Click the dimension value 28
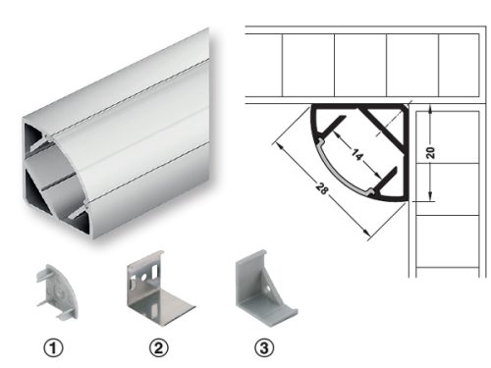[322, 188]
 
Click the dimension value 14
[357, 154]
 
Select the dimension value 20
[430, 153]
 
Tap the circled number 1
[53, 347]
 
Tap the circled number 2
[159, 347]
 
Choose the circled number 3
[264, 347]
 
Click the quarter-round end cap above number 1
[58, 291]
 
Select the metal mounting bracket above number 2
[160, 288]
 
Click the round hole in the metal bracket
[143, 278]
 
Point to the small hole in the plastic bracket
[268, 289]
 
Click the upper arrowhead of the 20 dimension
[430, 110]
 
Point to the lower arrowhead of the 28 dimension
[367, 232]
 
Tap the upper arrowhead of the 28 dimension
[279, 146]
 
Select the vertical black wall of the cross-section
[406, 153]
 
